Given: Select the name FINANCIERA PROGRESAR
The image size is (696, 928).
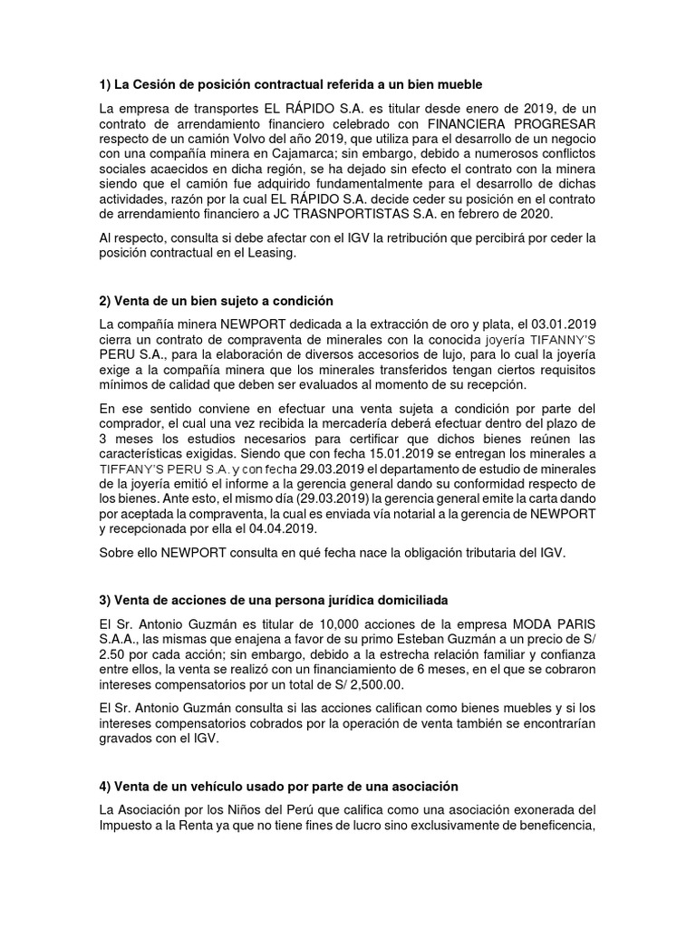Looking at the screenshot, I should [512, 125].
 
